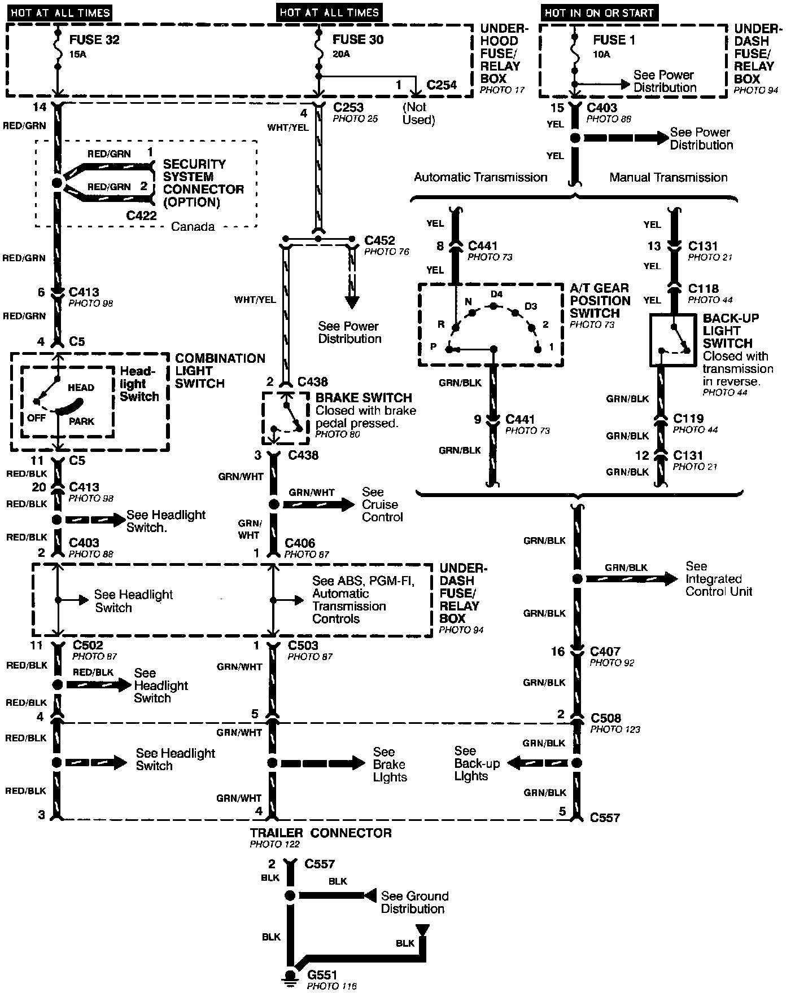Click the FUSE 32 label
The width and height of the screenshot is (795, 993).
(94, 40)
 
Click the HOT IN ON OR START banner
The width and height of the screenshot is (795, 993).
(599, 12)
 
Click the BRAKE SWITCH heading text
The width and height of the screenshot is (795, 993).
(364, 398)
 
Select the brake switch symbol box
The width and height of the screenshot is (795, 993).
(285, 418)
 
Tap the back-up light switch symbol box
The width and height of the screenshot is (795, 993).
(675, 340)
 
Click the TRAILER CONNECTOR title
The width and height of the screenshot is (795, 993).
(321, 833)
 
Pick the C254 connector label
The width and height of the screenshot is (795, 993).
(442, 85)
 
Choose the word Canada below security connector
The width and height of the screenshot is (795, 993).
(193, 227)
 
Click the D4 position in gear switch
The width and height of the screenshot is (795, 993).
(496, 295)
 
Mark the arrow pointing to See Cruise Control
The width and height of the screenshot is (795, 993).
(319, 504)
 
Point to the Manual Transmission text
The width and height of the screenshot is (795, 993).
(668, 178)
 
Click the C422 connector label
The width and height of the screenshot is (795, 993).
(141, 216)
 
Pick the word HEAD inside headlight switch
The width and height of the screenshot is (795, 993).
(81, 388)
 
